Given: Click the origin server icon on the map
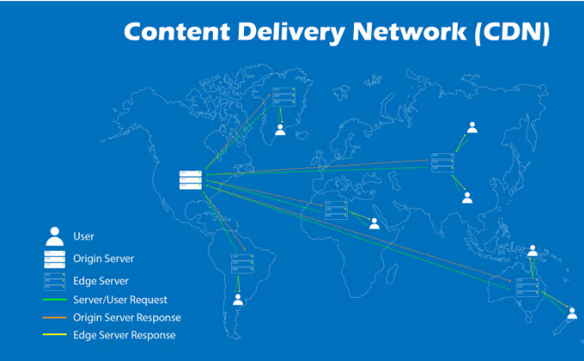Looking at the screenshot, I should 190,179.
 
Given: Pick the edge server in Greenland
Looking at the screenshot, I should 284,97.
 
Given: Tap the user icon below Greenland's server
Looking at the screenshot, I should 279,130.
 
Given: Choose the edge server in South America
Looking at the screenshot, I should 241,264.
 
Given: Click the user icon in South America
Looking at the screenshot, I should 238,300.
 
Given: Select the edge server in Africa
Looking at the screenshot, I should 336,210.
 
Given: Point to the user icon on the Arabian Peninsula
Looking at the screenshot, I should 374,223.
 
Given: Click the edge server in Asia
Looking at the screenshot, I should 442,163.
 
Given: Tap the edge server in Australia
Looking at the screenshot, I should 527,287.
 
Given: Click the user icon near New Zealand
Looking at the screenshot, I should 571,313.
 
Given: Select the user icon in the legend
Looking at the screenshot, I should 55,236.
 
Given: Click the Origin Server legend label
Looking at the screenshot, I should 104,258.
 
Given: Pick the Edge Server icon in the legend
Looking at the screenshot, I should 55,280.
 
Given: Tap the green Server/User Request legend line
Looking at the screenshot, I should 55,300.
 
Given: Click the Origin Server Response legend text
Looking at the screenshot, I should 127,318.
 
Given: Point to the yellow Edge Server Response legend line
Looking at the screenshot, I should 55,335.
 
